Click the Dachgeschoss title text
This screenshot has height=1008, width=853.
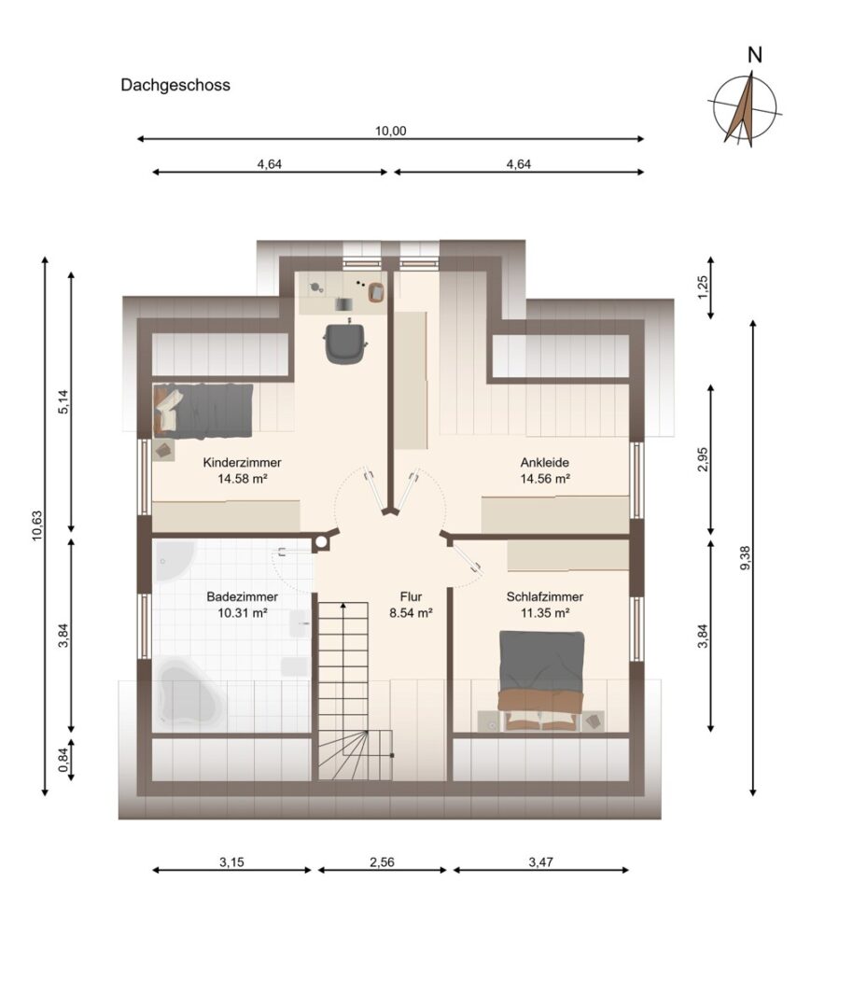(x=175, y=85)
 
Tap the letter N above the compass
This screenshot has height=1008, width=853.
(x=755, y=55)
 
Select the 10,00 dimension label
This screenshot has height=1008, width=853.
(x=391, y=132)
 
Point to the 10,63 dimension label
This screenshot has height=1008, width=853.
(x=37, y=525)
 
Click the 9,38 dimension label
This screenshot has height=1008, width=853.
(x=746, y=557)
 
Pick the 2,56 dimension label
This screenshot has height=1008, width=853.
(x=382, y=862)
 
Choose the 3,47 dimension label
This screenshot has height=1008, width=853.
(x=540, y=862)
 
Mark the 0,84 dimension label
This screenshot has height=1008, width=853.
(x=63, y=761)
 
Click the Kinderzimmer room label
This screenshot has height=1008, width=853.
(x=243, y=462)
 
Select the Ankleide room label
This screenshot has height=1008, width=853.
(x=544, y=462)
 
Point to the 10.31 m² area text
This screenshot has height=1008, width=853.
(x=243, y=612)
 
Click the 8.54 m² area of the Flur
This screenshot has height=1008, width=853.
(x=411, y=612)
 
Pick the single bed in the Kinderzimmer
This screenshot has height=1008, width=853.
(x=203, y=412)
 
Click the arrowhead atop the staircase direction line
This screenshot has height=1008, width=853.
(x=343, y=607)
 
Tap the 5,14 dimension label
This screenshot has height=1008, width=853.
(x=63, y=402)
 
